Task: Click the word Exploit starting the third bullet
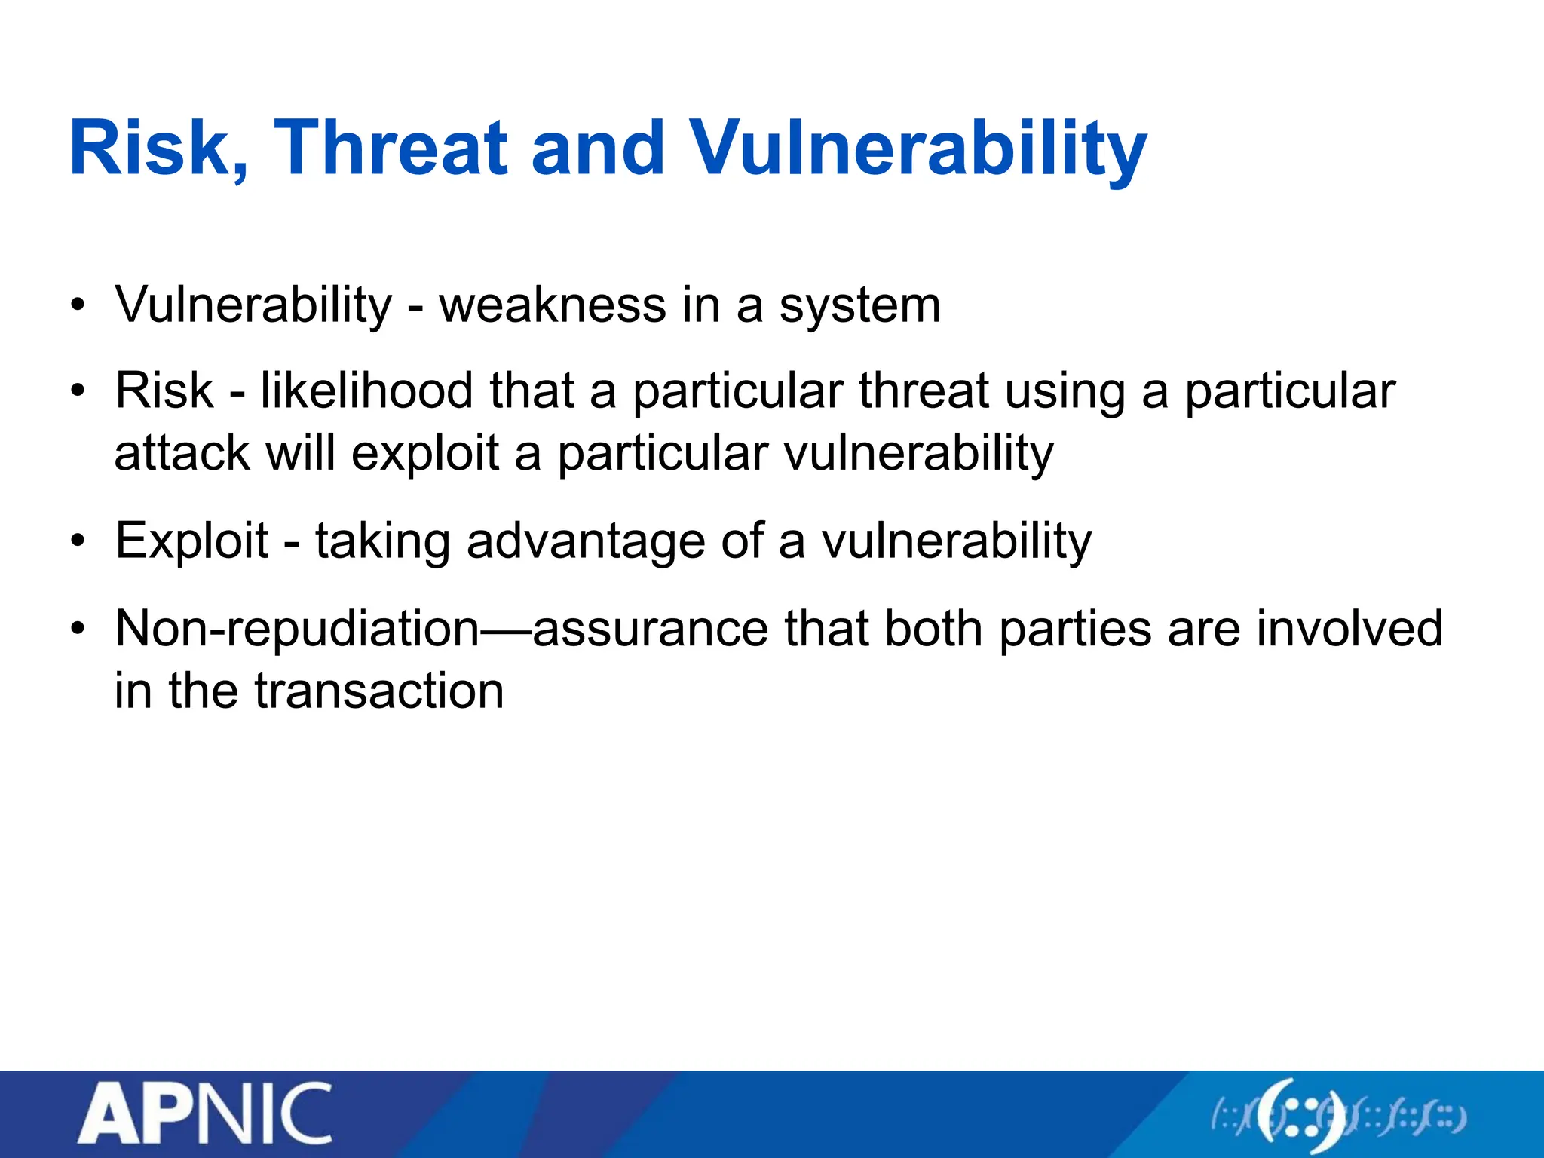[x=191, y=541]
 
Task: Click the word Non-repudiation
[x=297, y=628]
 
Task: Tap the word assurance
[x=650, y=628]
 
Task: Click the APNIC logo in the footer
[x=204, y=1114]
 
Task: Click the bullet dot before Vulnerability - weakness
[x=77, y=306]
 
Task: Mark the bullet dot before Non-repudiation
[x=77, y=630]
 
